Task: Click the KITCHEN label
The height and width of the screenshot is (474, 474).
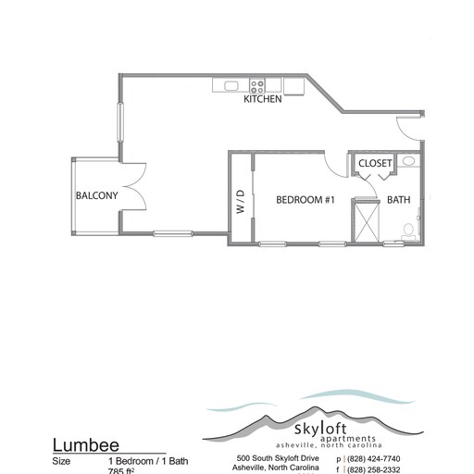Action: point(263,100)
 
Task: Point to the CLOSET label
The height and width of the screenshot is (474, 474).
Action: point(375,164)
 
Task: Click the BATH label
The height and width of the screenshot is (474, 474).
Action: point(399,200)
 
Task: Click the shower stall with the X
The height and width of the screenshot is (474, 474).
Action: point(366,222)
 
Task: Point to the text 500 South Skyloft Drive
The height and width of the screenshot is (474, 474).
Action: point(277,458)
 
